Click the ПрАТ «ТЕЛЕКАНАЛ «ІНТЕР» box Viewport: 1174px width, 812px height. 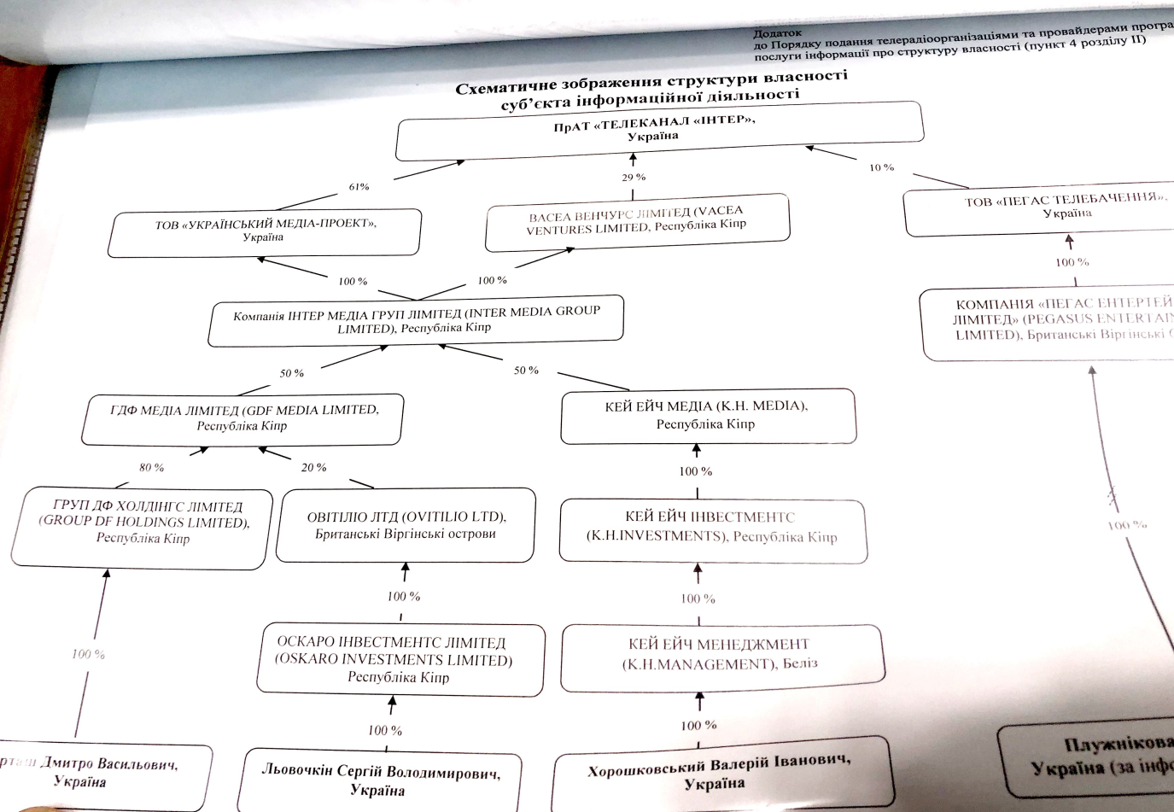click(659, 130)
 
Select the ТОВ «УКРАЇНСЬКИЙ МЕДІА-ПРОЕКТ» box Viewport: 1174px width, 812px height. click(265, 231)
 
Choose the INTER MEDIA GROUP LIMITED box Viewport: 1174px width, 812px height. click(416, 320)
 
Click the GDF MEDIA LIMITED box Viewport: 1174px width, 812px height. click(243, 418)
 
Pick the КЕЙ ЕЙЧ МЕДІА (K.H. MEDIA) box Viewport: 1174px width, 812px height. click(707, 415)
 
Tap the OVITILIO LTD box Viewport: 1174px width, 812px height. click(406, 525)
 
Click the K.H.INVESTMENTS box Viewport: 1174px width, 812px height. click(711, 528)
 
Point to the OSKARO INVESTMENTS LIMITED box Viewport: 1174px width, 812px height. click(398, 660)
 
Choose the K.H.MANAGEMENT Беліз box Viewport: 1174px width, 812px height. click(721, 653)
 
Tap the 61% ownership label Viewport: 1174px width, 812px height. click(359, 187)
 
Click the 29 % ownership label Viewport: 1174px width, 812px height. click(634, 178)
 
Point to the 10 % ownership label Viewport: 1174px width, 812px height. click(881, 167)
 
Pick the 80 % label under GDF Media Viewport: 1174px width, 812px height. click(151, 467)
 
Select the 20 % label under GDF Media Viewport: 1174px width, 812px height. click(313, 467)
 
